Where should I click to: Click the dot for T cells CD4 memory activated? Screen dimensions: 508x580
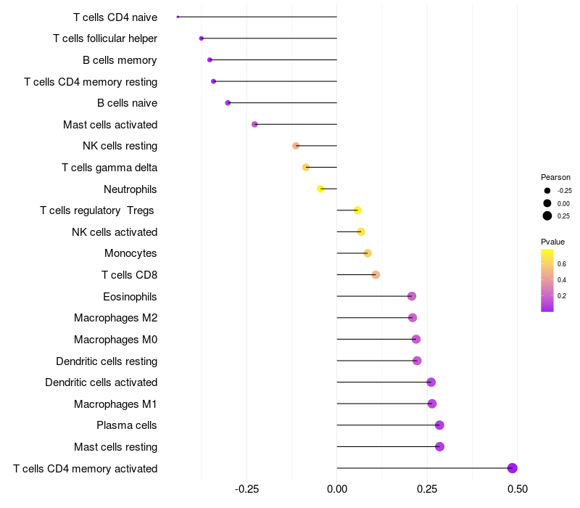tap(512, 468)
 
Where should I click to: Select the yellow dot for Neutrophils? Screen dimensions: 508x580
tap(320, 189)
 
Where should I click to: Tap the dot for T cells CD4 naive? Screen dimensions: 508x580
tap(178, 17)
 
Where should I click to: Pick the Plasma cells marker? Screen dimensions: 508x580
tap(439, 425)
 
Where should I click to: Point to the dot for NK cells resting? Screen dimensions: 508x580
tap(296, 146)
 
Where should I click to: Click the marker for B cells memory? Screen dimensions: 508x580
tap(210, 60)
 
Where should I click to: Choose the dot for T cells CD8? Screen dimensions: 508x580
tap(376, 274)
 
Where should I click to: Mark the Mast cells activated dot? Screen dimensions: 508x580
tap(254, 124)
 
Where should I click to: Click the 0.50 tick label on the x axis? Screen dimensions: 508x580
tap(517, 489)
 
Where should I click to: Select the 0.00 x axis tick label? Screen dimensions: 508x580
tap(337, 489)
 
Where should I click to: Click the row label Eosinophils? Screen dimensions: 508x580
tap(130, 296)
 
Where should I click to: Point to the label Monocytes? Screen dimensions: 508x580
tap(130, 253)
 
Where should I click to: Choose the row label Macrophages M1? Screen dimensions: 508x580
tap(115, 403)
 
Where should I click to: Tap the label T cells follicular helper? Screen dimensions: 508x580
tap(105, 38)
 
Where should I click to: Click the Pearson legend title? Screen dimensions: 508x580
tap(555, 177)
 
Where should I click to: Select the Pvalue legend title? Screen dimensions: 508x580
tap(552, 242)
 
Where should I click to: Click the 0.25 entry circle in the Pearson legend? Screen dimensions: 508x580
tap(547, 216)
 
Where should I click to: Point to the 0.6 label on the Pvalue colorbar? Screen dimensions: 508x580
tap(562, 263)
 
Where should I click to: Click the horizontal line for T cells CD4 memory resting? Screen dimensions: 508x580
tap(275, 81)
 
